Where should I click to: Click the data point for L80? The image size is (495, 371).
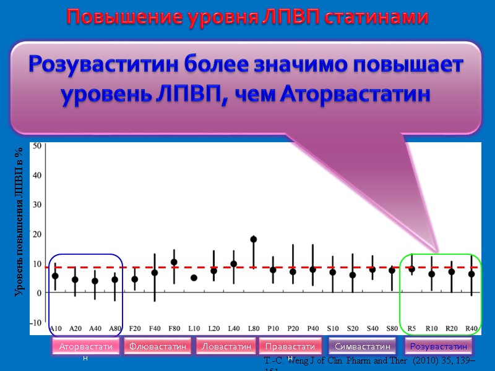[x=253, y=239]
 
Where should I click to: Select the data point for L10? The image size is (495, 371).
[x=194, y=278]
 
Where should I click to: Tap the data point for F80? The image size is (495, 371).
[x=174, y=262]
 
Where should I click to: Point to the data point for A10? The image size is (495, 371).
[x=55, y=276]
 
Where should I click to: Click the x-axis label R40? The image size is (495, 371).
[x=471, y=328]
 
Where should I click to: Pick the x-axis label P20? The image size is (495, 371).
[x=293, y=328]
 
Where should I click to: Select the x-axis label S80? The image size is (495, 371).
[x=392, y=328]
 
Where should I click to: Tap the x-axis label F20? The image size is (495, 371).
[x=134, y=328]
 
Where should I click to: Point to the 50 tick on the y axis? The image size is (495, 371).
[x=36, y=146]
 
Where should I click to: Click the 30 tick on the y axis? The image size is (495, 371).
[x=36, y=205]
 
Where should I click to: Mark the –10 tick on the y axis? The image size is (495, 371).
[x=35, y=322]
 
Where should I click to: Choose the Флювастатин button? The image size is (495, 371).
[x=157, y=347]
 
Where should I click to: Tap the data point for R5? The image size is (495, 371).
[x=411, y=269]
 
